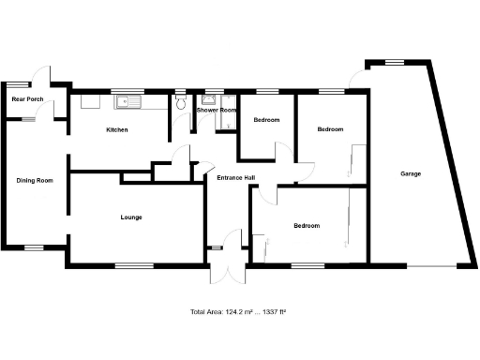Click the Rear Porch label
27,98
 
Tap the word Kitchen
116,129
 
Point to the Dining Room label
34,180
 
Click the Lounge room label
131,217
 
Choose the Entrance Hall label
236,178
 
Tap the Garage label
410,173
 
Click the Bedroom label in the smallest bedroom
266,119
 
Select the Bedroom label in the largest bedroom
307,226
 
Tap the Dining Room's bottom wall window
34,247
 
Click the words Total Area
205,311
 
